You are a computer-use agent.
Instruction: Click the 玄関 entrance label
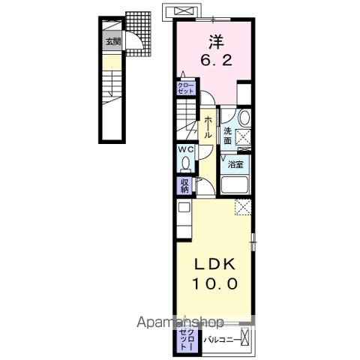[x=111, y=43]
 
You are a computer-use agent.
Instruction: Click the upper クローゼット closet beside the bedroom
[x=185, y=88]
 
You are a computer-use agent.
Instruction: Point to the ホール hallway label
[x=206, y=127]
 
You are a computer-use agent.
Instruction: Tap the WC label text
[x=184, y=148]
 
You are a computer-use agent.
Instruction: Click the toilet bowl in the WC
[x=185, y=163]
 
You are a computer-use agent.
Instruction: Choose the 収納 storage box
[x=184, y=184]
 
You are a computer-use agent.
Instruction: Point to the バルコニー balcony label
[x=221, y=339]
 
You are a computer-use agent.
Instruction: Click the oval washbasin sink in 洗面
[x=244, y=118]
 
